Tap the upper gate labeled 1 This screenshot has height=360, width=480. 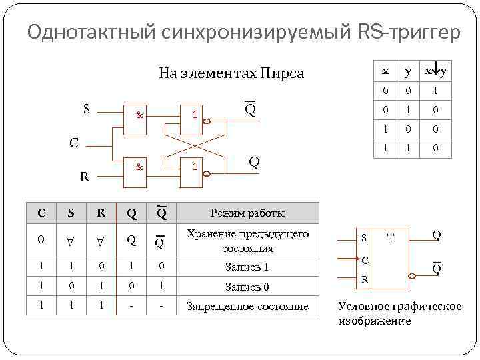(x=194, y=115)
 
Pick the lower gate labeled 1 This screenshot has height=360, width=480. (x=194, y=167)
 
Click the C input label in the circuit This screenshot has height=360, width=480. (x=75, y=142)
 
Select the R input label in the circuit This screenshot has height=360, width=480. (x=84, y=177)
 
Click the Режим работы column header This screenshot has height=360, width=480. (x=247, y=213)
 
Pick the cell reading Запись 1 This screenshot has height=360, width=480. (x=247, y=267)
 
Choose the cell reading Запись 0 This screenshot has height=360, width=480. (x=247, y=287)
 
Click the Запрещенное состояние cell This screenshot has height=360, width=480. (x=247, y=307)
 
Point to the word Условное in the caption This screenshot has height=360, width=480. (x=365, y=307)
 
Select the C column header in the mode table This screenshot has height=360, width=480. (x=41, y=213)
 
